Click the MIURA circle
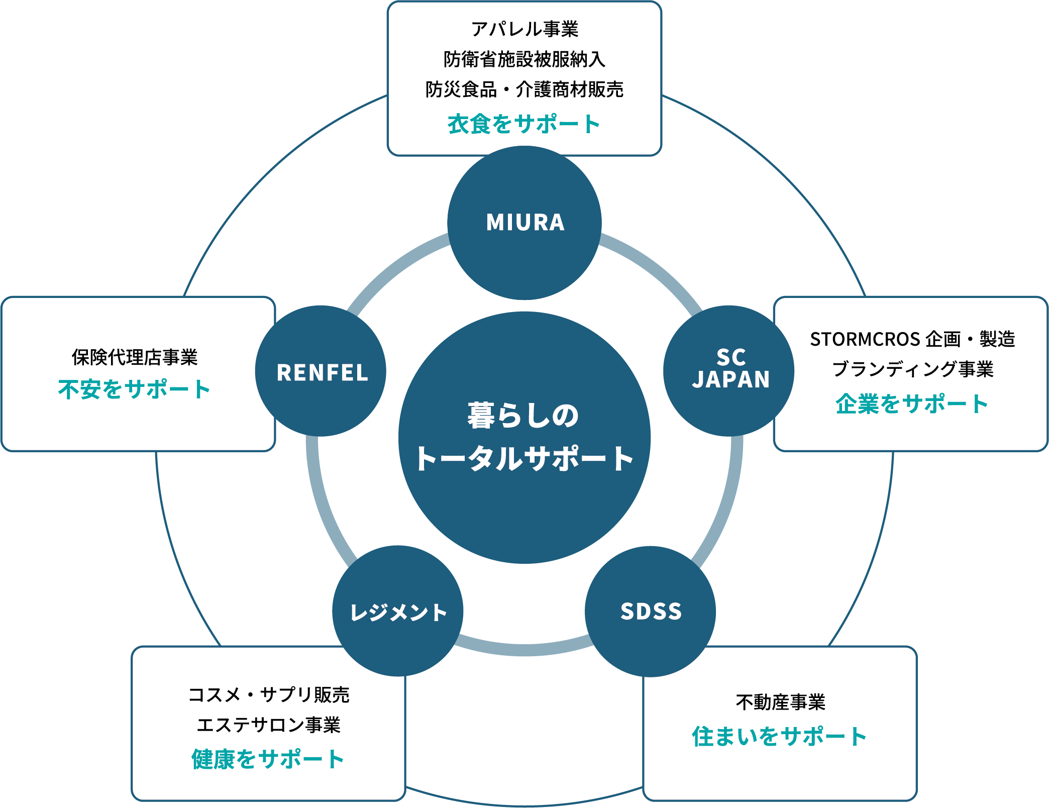pyautogui.click(x=524, y=223)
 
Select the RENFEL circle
pyautogui.click(x=321, y=372)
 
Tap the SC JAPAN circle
pyautogui.click(x=729, y=370)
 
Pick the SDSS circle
pyautogui.click(x=651, y=612)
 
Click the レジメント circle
pyautogui.click(x=398, y=612)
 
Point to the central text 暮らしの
pyautogui.click(x=523, y=416)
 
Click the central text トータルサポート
pyautogui.click(x=523, y=458)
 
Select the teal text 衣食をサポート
pyautogui.click(x=523, y=124)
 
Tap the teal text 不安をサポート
pyautogui.click(x=134, y=389)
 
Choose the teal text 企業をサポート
pyautogui.click(x=912, y=403)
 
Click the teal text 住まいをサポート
pyautogui.click(x=779, y=736)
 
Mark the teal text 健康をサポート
pyautogui.click(x=268, y=759)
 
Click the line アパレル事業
pyautogui.click(x=524, y=29)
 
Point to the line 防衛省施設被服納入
pyautogui.click(x=524, y=59)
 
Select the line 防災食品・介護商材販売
pyautogui.click(x=524, y=89)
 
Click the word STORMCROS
pyautogui.click(x=865, y=339)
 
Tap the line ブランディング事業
pyautogui.click(x=912, y=369)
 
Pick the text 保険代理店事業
pyautogui.click(x=135, y=357)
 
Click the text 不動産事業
pyautogui.click(x=780, y=702)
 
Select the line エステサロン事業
pyautogui.click(x=268, y=725)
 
